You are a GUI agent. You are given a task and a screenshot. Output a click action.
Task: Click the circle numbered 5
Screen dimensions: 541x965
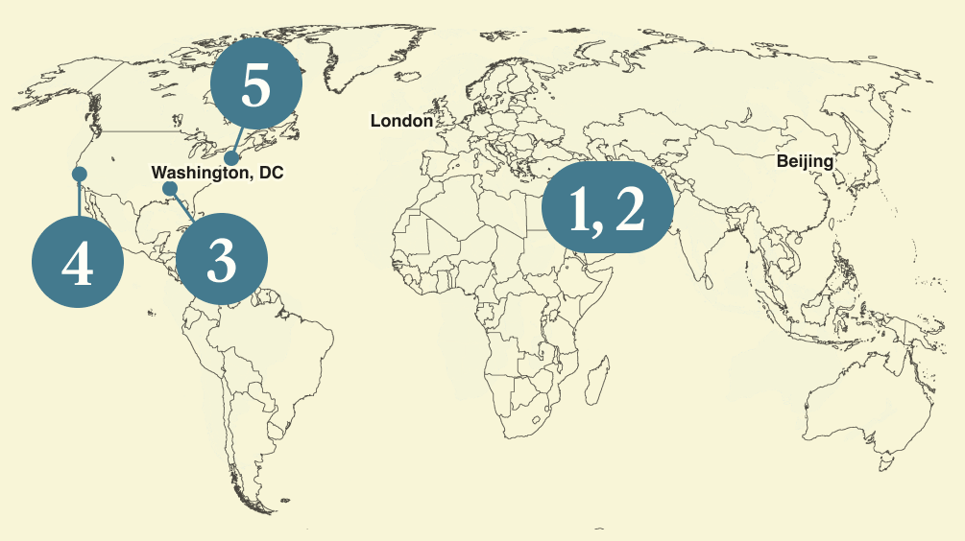coord(256,87)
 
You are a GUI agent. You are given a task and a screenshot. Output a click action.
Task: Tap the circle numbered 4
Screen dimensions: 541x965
coord(78,263)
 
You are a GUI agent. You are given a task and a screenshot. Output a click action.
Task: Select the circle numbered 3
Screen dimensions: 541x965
coord(221,260)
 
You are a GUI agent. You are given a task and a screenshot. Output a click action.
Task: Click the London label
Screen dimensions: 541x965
coord(401,121)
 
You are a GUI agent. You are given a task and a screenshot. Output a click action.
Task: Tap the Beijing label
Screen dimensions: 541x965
coord(805,161)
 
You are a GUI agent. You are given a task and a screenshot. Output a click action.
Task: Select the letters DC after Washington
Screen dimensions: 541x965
coord(273,173)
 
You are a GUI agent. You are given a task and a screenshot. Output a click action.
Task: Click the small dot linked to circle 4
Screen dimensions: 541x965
coord(80,174)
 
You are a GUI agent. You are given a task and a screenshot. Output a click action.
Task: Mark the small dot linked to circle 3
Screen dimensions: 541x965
coord(169,188)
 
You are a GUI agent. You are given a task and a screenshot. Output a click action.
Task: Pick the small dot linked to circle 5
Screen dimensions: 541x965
coord(231,156)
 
